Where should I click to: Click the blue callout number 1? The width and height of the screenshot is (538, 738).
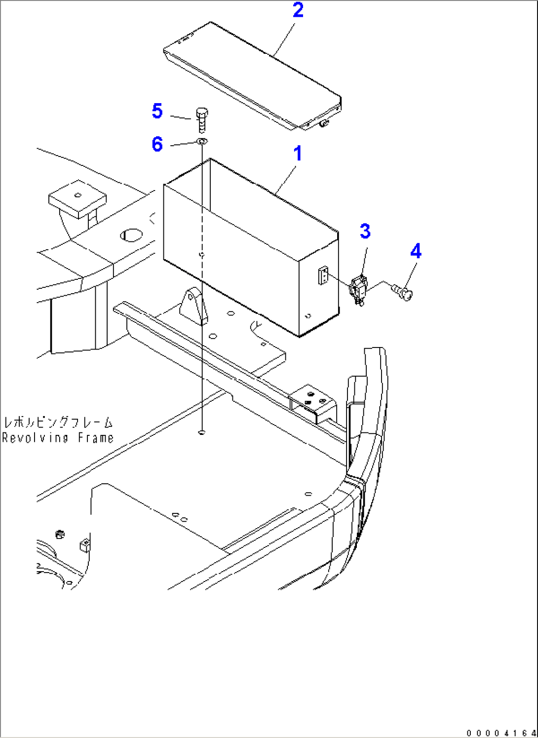(298, 154)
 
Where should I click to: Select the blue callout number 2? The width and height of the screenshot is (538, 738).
(298, 10)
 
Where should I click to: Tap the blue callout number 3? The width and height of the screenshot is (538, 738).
(365, 231)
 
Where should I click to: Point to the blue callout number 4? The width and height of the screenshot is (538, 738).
(416, 251)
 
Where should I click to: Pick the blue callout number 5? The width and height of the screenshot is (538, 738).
(157, 111)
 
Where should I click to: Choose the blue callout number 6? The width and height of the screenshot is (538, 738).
(157, 144)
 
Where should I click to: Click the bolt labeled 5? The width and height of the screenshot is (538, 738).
(201, 120)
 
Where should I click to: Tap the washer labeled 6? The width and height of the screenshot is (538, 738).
(202, 141)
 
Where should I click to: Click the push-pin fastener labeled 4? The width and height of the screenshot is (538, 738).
(403, 293)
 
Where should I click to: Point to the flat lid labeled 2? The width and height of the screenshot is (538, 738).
(252, 76)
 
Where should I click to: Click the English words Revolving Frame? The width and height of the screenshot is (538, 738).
(58, 438)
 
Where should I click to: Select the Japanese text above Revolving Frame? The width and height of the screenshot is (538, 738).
(58, 423)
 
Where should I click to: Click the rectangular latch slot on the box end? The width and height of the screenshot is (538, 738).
(323, 275)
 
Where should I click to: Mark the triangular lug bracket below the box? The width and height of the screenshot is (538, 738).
(193, 306)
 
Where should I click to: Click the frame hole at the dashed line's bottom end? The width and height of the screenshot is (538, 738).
(201, 432)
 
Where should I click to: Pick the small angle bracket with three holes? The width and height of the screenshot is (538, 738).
(313, 404)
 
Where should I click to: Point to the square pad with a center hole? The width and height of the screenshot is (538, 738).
(77, 198)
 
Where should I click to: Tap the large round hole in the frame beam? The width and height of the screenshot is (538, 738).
(131, 235)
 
